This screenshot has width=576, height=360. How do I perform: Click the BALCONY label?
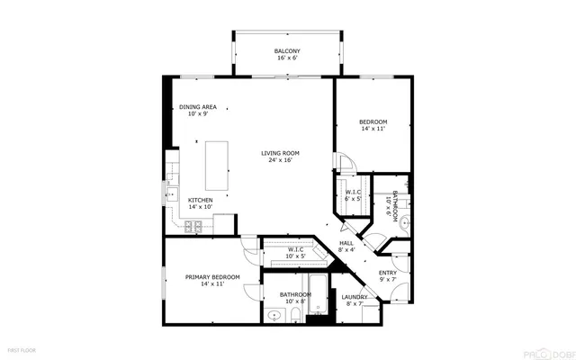pos(287,51)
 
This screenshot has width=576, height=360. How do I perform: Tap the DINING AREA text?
pos(197,106)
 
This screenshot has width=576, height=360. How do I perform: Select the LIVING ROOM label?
pos(280,153)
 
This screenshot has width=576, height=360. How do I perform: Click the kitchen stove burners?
pos(193,227)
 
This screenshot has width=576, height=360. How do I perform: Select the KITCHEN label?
pos(200,200)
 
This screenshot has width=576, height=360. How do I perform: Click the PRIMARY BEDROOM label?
pos(212,277)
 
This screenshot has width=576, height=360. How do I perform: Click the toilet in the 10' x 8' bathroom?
pos(296,314)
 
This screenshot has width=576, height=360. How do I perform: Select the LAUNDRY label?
pos(354,297)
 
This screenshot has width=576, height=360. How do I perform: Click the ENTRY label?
pos(387,274)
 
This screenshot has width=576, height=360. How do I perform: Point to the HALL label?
pos(346,243)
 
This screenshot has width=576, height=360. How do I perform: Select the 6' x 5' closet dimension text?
pos(352,198)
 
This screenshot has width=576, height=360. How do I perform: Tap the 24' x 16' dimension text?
pos(280,160)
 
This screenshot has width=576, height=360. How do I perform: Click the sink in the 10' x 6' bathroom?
pos(405,220)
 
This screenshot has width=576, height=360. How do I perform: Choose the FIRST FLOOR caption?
pos(22,347)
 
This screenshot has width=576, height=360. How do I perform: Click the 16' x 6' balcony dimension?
pos(287,58)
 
